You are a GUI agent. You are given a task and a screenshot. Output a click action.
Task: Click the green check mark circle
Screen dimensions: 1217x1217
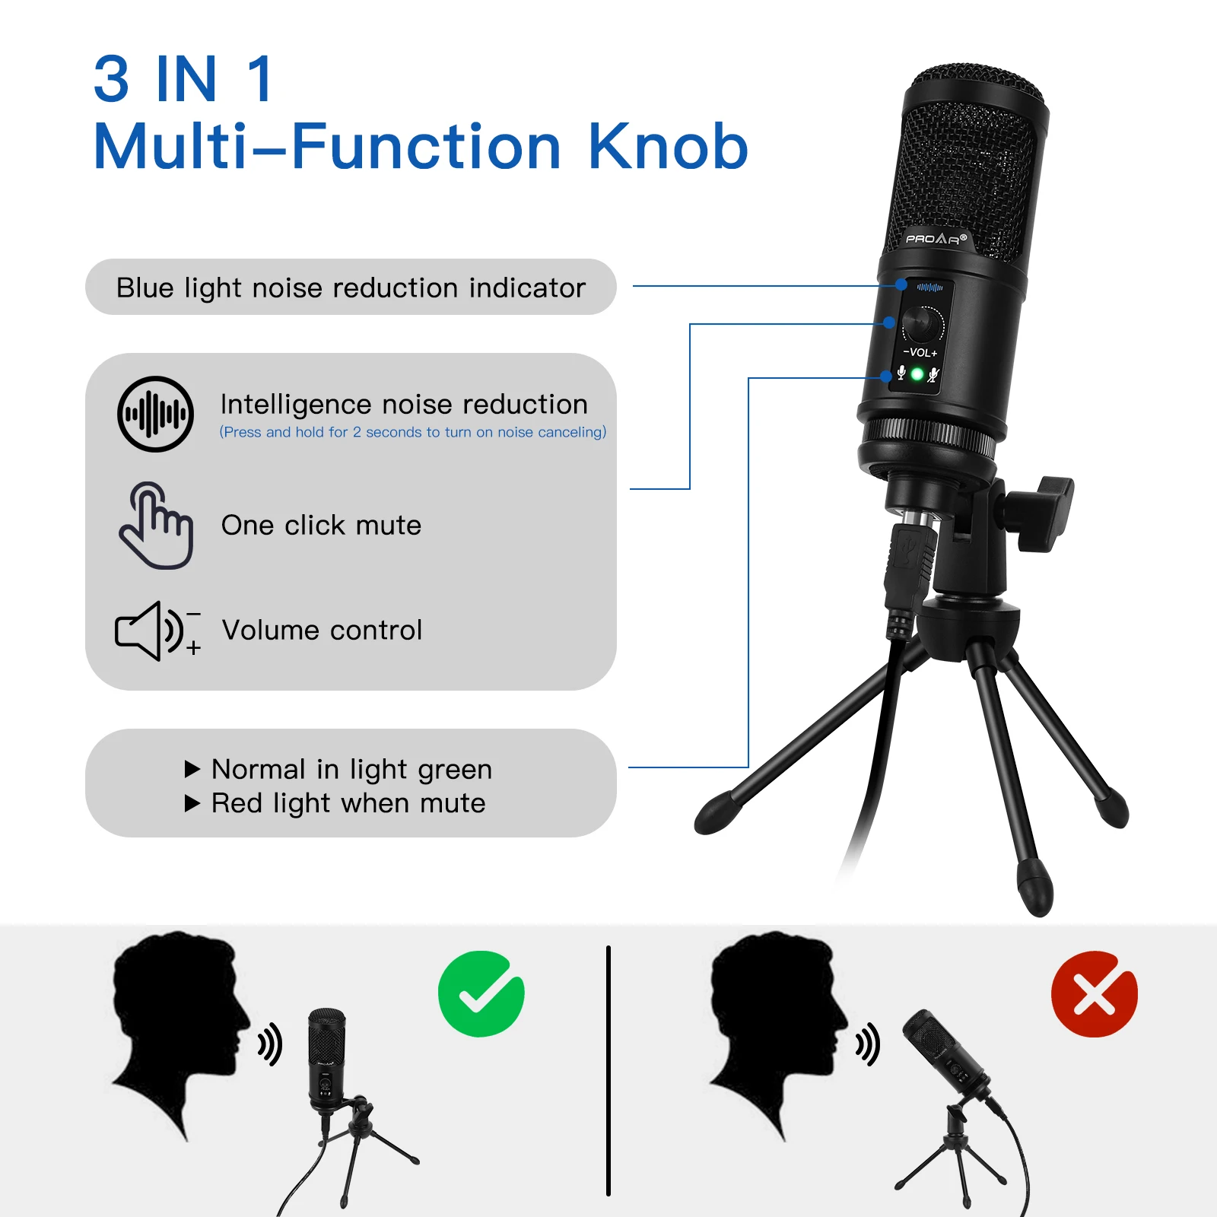click(481, 993)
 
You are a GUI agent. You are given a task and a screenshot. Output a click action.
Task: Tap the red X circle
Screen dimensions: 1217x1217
click(1094, 993)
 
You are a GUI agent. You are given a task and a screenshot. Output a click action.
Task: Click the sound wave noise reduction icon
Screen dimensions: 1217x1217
click(155, 415)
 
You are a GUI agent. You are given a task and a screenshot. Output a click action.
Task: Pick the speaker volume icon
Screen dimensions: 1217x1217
click(157, 631)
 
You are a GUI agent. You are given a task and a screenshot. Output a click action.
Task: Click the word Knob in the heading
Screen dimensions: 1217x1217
click(668, 146)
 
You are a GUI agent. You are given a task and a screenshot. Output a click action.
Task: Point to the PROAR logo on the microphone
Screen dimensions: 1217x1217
click(936, 239)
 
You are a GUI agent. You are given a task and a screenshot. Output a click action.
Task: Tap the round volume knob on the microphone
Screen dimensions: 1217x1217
click(923, 324)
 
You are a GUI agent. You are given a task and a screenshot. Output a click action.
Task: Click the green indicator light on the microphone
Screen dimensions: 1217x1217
click(917, 374)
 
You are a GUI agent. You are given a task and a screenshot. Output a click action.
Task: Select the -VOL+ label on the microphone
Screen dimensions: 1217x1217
click(920, 353)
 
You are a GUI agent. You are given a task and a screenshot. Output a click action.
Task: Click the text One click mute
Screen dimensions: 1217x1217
click(321, 525)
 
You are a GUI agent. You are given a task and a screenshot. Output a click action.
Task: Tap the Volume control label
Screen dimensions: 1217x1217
click(322, 631)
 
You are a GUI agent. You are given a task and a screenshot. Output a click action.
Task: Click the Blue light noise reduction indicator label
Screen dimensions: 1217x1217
click(351, 288)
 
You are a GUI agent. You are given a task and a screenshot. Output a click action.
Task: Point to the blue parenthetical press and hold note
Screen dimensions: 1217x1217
click(413, 432)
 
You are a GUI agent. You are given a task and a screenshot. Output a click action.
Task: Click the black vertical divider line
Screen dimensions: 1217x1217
click(608, 1071)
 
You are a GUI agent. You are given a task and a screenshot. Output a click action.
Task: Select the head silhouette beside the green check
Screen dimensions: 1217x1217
click(180, 1034)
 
